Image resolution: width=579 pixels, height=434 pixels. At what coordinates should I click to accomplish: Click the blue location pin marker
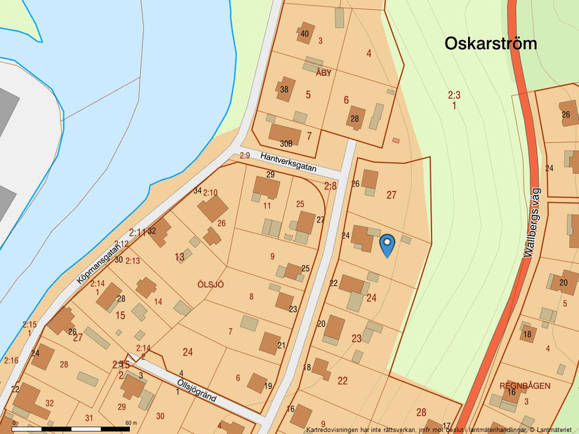click(387, 245)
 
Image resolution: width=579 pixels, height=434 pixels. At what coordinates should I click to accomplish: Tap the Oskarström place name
click(491, 43)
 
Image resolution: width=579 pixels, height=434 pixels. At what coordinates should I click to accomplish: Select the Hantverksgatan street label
click(288, 163)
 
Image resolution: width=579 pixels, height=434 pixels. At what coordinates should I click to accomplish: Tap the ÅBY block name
click(323, 73)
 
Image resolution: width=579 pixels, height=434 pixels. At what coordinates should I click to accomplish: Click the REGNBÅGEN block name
click(524, 386)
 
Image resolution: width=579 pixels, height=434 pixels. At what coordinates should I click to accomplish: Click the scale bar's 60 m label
click(131, 423)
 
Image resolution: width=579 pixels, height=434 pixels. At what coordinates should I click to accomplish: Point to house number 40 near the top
click(304, 34)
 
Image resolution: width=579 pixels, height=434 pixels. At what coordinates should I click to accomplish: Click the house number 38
click(284, 90)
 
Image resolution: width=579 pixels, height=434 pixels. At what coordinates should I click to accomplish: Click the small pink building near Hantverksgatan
click(396, 141)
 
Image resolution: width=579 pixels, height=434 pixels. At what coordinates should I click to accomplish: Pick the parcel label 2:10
click(210, 192)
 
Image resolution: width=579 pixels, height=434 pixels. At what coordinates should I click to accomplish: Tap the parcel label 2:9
click(245, 156)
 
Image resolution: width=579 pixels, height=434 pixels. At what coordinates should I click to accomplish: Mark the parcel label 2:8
click(330, 186)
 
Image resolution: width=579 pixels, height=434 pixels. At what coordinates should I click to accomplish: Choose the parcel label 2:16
click(11, 360)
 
